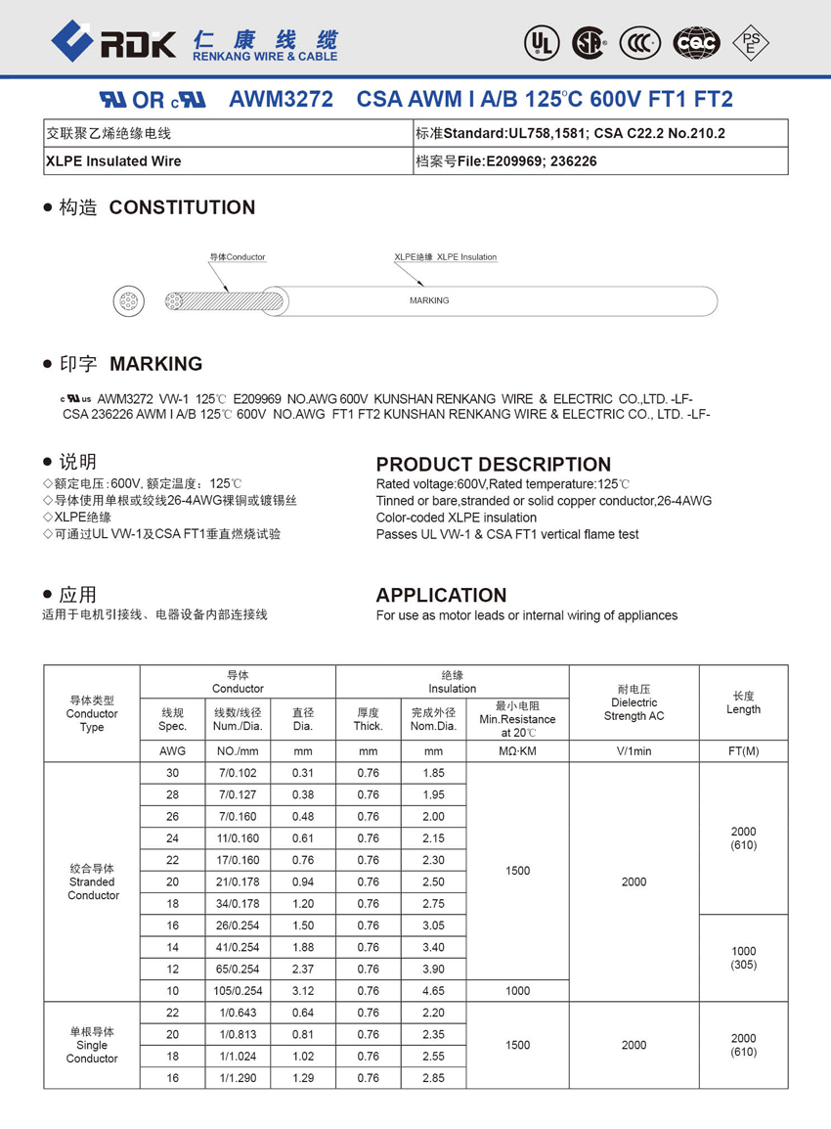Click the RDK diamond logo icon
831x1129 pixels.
click(x=74, y=40)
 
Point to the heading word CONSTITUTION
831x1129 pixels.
click(x=182, y=207)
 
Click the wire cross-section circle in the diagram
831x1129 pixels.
click(x=128, y=301)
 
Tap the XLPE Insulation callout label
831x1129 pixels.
click(x=446, y=257)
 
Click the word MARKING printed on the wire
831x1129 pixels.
click(x=429, y=300)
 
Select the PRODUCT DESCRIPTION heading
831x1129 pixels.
click(x=493, y=465)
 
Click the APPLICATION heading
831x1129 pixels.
click(x=441, y=595)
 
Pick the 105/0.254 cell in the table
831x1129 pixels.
click(x=238, y=991)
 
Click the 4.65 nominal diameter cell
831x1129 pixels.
click(x=433, y=991)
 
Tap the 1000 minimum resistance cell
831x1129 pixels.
click(x=517, y=991)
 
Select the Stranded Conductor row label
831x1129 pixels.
click(x=93, y=881)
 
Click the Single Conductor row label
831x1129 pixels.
click(x=92, y=1045)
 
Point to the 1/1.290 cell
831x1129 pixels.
click(x=238, y=1078)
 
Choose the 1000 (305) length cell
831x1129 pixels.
click(x=743, y=958)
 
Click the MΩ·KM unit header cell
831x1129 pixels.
click(x=517, y=751)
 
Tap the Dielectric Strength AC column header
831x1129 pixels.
click(x=634, y=702)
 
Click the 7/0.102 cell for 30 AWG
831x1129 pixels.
click(x=238, y=773)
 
